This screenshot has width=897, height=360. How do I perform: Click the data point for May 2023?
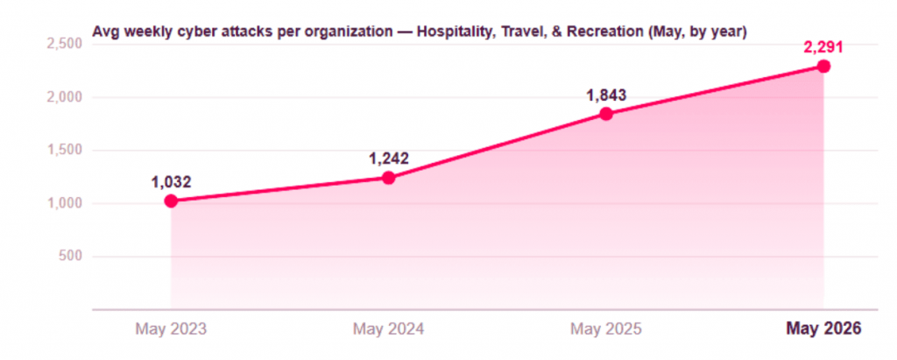(171, 201)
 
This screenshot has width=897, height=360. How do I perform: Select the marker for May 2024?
(388, 178)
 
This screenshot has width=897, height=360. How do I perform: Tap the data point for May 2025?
(606, 114)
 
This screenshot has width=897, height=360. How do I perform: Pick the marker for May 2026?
(823, 67)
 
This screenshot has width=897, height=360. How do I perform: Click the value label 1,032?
(171, 182)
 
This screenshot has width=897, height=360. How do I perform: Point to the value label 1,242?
(388, 159)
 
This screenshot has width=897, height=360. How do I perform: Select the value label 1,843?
(606, 95)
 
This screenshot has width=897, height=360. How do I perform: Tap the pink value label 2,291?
(823, 47)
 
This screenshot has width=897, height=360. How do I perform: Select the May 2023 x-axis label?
(171, 328)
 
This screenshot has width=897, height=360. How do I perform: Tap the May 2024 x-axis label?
(388, 328)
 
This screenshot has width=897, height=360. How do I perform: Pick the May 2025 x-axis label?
(606, 328)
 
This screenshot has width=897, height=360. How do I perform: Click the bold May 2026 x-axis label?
(823, 328)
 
